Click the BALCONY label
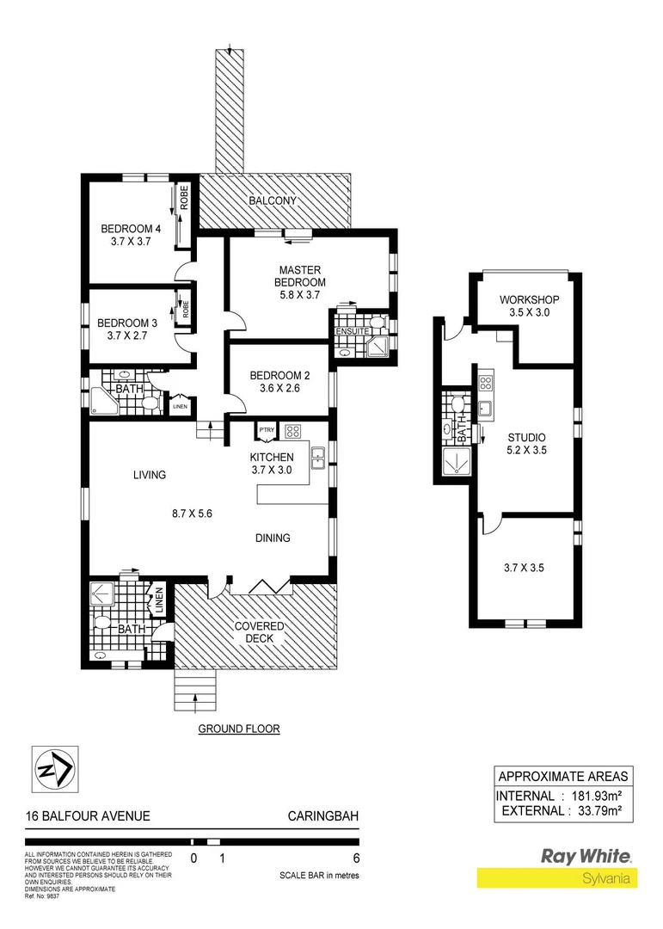pos(273,200)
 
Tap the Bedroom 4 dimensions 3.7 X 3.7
pos(131,243)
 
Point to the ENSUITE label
pos(353,331)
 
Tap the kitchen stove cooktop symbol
pos(292,432)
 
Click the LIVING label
pos(149,475)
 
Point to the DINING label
pos(272,538)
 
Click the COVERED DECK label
pos(260,632)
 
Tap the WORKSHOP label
pos(530,299)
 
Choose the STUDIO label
pos(525,437)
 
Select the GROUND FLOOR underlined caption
pos(239,729)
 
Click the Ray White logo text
pos(586,856)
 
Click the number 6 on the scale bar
pos(356,858)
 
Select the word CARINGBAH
pos(322,816)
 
